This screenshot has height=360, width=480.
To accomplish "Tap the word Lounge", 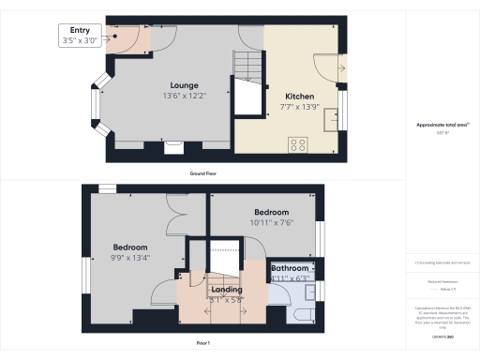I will point(171,85).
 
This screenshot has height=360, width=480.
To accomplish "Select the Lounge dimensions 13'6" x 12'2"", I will point(171,96).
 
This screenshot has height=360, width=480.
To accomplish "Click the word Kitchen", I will point(300,97).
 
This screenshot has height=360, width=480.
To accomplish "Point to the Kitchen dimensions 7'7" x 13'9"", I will point(300,107).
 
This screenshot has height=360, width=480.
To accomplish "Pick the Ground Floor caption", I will point(204,174).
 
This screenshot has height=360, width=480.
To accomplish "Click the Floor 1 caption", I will point(203,344).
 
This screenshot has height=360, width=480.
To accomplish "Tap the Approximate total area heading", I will point(442,126).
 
